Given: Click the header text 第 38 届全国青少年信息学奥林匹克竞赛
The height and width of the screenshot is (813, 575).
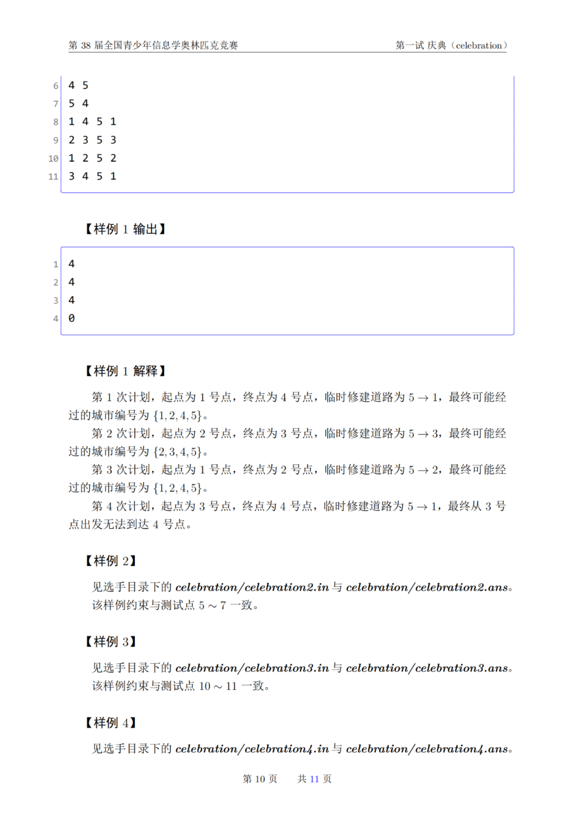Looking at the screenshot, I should pyautogui.click(x=153, y=45).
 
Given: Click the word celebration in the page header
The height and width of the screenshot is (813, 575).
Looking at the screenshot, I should pyautogui.click(x=479, y=45).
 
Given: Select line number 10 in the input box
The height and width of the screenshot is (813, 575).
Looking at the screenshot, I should pyautogui.click(x=53, y=158).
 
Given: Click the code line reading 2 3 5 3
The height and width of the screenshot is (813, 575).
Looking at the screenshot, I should pyautogui.click(x=92, y=140).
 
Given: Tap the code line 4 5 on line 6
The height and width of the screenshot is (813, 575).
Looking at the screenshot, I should pyautogui.click(x=78, y=85).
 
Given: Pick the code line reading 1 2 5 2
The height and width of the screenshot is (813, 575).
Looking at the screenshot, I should pyautogui.click(x=92, y=158).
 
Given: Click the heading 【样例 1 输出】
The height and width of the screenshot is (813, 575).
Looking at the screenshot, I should pyautogui.click(x=125, y=229).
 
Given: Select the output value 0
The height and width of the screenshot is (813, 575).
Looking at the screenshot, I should pyautogui.click(x=71, y=318).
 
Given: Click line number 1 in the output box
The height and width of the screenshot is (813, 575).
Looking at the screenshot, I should pyautogui.click(x=55, y=264).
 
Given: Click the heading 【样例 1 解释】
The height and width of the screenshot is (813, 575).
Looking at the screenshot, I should pyautogui.click(x=125, y=371).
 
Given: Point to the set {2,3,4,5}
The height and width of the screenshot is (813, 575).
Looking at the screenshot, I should pyautogui.click(x=177, y=452).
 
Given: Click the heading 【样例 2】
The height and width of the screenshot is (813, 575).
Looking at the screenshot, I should pyautogui.click(x=111, y=561).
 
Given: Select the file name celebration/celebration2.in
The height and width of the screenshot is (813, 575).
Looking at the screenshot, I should pyautogui.click(x=252, y=587).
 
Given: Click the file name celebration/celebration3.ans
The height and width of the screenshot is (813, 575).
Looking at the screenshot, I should pyautogui.click(x=427, y=668).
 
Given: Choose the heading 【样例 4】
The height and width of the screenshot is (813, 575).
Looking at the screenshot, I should pyautogui.click(x=111, y=722).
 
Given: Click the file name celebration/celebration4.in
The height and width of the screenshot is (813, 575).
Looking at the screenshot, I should pyautogui.click(x=252, y=749).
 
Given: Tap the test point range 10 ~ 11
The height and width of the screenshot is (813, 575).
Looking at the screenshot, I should pyautogui.click(x=218, y=686).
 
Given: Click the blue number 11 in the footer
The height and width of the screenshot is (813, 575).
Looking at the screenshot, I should pyautogui.click(x=314, y=779).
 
